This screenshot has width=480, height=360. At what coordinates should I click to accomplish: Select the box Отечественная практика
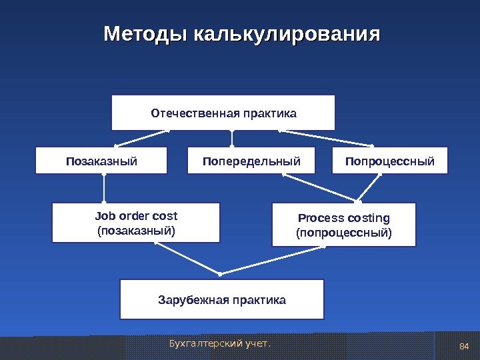(223, 113)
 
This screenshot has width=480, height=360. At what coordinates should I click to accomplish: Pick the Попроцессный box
(390, 161)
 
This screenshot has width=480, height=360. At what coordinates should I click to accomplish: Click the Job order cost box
(136, 223)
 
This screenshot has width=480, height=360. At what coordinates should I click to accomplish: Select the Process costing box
(344, 225)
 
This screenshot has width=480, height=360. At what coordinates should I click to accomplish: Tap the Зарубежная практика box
(222, 299)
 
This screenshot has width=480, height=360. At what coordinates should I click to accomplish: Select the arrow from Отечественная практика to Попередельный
(233, 138)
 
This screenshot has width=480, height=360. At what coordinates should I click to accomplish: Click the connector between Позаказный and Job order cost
(104, 189)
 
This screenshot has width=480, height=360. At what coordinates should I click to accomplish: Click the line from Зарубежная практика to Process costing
(273, 259)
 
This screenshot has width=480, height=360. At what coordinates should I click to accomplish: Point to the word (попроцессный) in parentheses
(344, 233)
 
